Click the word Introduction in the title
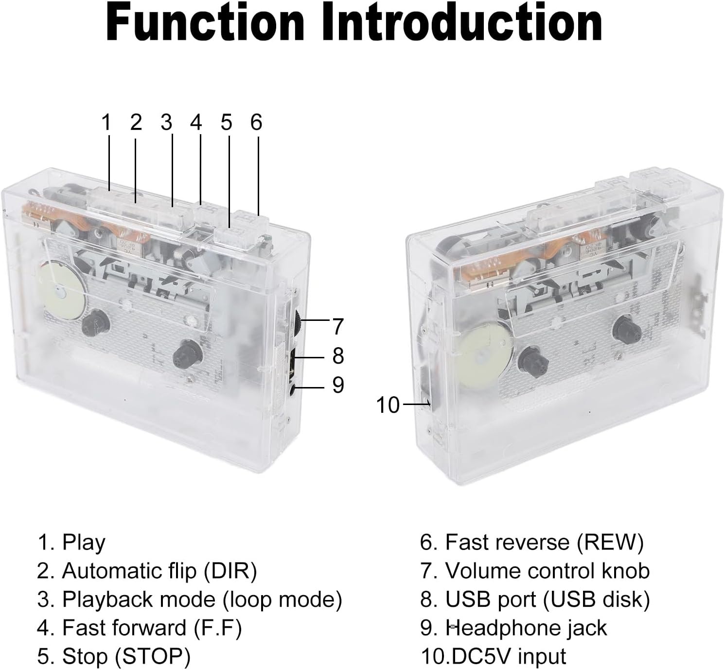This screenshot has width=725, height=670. pyautogui.click(x=462, y=22)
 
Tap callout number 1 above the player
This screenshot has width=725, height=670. pyautogui.click(x=106, y=122)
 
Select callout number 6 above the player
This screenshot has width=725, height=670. pyautogui.click(x=256, y=122)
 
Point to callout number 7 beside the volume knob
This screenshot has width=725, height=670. pyautogui.click(x=338, y=326)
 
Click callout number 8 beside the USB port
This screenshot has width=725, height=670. pyautogui.click(x=338, y=355)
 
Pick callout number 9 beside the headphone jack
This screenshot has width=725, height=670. pyautogui.click(x=338, y=385)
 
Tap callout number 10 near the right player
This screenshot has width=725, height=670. pyautogui.click(x=388, y=405)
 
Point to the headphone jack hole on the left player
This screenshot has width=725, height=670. pyautogui.click(x=292, y=389)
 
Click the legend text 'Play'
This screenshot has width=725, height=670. pyautogui.click(x=84, y=542)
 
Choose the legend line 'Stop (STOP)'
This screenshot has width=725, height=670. pyautogui.click(x=114, y=656)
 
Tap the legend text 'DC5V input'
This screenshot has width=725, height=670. pyautogui.click(x=509, y=656)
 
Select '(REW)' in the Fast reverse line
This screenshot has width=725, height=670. pyautogui.click(x=610, y=542)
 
